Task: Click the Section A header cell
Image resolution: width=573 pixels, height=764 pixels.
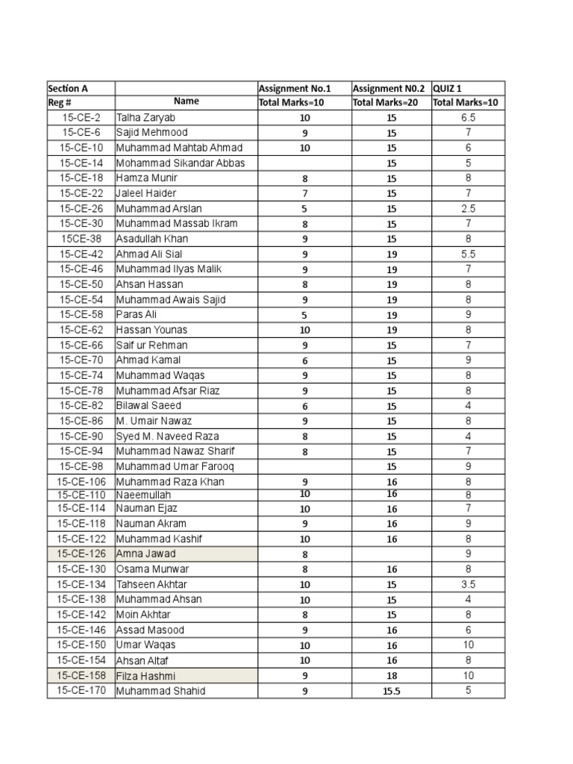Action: coord(69,88)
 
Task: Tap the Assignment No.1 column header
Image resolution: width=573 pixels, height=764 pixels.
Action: coord(294,88)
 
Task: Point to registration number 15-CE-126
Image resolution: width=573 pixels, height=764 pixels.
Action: coord(81,554)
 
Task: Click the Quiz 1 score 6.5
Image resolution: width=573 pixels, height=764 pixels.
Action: coord(468,118)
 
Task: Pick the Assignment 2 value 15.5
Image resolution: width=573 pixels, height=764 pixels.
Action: coord(392,691)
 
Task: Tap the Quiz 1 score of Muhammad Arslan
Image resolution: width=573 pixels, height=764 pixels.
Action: coord(468,209)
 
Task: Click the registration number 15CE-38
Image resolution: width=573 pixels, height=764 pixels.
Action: coord(81,239)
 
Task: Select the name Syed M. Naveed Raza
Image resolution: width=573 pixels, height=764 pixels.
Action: coord(167,436)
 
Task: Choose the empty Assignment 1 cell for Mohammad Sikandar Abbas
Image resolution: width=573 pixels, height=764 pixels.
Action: coord(304,163)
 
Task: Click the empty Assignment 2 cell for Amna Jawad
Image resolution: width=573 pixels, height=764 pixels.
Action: coord(392,554)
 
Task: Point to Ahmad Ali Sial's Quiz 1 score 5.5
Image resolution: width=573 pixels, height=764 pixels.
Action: coord(468,254)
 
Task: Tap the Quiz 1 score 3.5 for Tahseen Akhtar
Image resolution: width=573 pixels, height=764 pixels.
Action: coord(468,584)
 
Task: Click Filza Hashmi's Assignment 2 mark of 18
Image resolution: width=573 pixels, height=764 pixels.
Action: coord(392,676)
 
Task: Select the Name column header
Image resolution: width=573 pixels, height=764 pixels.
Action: coord(186,101)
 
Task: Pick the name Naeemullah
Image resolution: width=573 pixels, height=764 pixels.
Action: coord(144,495)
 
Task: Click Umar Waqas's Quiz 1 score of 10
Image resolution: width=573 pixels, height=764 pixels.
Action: coord(468,645)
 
